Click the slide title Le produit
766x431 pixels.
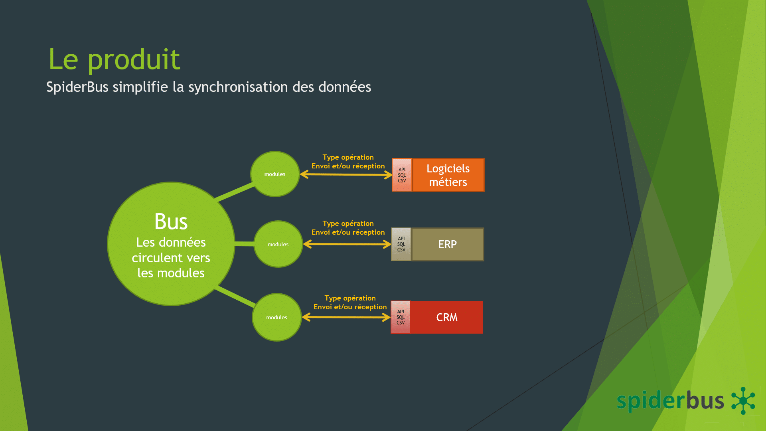click(114, 59)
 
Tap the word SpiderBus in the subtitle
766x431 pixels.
click(77, 87)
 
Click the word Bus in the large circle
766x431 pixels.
click(171, 221)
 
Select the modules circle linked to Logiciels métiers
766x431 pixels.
click(275, 174)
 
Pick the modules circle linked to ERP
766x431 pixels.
click(278, 244)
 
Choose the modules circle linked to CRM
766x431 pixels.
click(276, 317)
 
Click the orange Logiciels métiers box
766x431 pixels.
click(448, 175)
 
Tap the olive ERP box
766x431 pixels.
click(448, 244)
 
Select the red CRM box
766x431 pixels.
click(446, 317)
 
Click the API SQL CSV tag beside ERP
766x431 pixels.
click(401, 244)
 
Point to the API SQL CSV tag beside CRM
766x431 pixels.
click(401, 317)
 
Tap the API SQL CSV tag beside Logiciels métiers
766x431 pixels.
click(402, 175)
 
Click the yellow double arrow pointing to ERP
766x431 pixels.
click(347, 244)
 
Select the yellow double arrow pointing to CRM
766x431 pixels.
click(346, 317)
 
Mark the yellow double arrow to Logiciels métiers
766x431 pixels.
click(346, 174)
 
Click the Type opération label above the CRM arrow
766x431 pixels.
click(350, 298)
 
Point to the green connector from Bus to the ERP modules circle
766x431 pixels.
click(244, 244)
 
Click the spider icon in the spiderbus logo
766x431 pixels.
click(743, 401)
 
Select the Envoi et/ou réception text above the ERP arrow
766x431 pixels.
click(348, 232)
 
